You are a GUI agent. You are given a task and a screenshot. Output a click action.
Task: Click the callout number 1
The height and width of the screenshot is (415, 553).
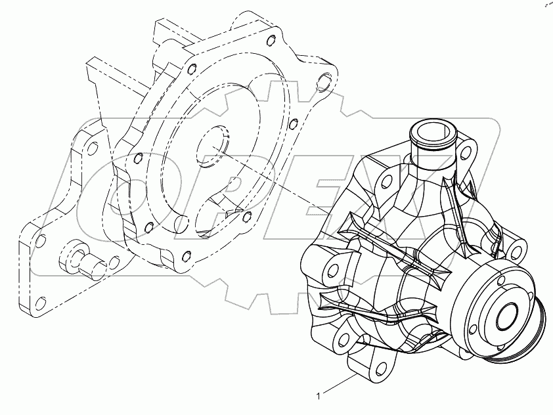[x=319, y=397]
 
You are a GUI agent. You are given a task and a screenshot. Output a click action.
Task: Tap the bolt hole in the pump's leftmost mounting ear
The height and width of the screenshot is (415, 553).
[x=333, y=271]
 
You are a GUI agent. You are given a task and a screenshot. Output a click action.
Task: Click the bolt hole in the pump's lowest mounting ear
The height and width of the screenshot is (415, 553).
[x=380, y=368]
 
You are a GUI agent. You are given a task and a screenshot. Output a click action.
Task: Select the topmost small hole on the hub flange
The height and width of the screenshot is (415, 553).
[x=499, y=271]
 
